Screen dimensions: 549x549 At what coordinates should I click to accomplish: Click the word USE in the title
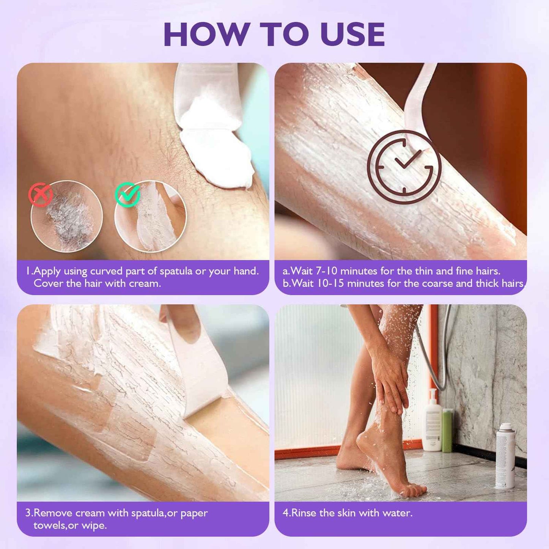click(x=352, y=35)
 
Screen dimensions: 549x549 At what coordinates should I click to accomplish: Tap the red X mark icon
click(x=40, y=195)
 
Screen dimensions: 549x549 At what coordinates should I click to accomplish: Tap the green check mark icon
click(x=127, y=194)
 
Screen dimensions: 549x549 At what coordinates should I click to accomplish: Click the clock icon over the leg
click(x=404, y=167)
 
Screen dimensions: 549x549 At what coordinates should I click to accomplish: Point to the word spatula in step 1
click(x=176, y=271)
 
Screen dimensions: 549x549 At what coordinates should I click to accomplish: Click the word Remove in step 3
click(x=53, y=513)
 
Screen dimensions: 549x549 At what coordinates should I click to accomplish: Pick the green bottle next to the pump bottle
click(x=447, y=431)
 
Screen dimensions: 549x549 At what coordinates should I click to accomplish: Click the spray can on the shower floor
click(x=505, y=456)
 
